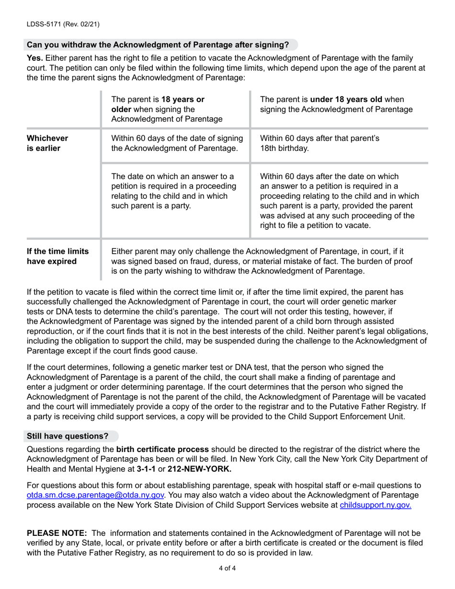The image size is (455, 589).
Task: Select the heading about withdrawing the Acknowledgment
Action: tap(158, 45)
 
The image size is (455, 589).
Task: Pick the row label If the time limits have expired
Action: tap(58, 256)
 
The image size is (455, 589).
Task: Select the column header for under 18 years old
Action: tap(336, 104)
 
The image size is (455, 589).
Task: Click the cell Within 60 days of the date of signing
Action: tap(176, 143)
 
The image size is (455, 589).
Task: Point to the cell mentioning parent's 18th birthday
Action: tap(319, 143)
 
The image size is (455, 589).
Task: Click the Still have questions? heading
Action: tap(68, 436)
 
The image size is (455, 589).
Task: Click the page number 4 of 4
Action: tap(227, 569)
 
